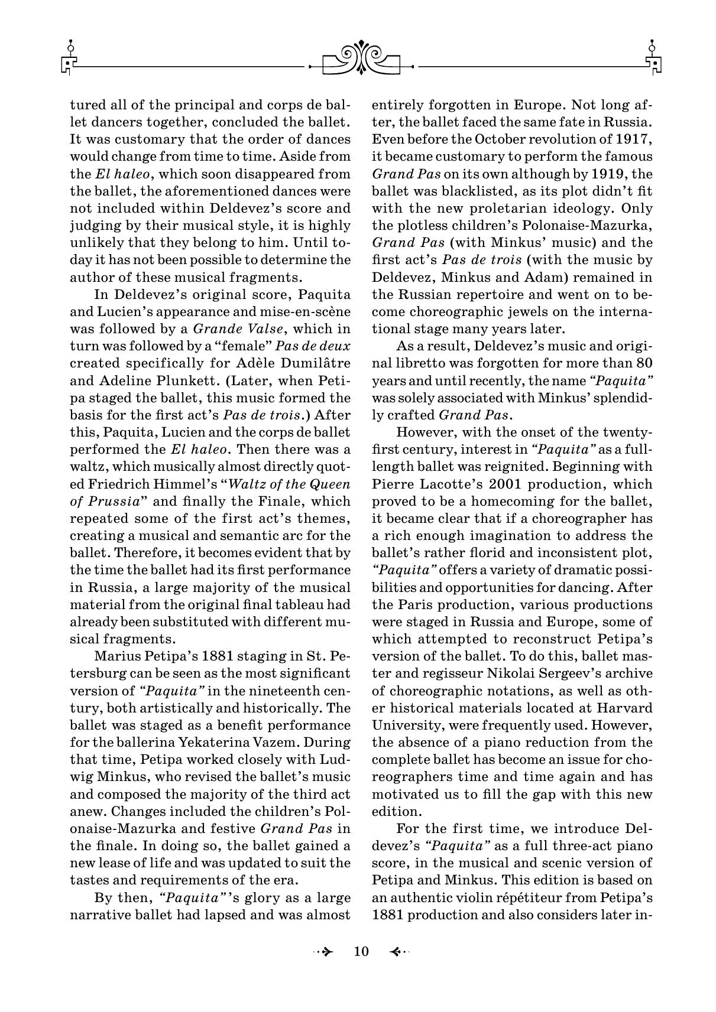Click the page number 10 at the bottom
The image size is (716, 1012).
point(361,951)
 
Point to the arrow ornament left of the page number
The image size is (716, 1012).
point(324,951)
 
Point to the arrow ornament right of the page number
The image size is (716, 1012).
point(399,951)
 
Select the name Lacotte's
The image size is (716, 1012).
point(453,484)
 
